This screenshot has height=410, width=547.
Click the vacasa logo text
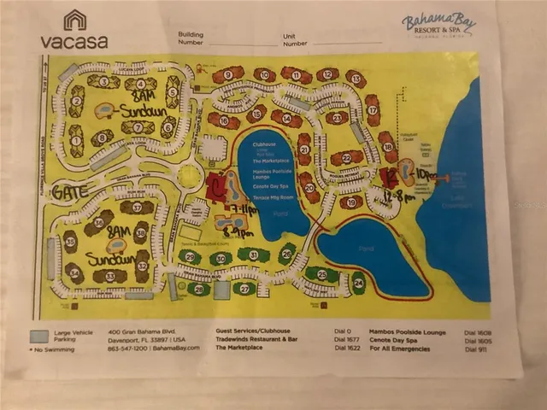[x=74, y=39]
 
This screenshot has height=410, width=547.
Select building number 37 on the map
[x=137, y=208]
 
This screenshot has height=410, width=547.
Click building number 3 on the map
[x=103, y=82]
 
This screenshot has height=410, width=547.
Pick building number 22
[x=347, y=157]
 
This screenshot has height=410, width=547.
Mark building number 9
[x=227, y=75]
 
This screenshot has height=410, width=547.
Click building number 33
[x=109, y=276]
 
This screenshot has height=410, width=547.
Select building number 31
[x=253, y=255]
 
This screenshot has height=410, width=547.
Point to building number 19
[x=350, y=202]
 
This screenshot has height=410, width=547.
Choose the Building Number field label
[x=190, y=38]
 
